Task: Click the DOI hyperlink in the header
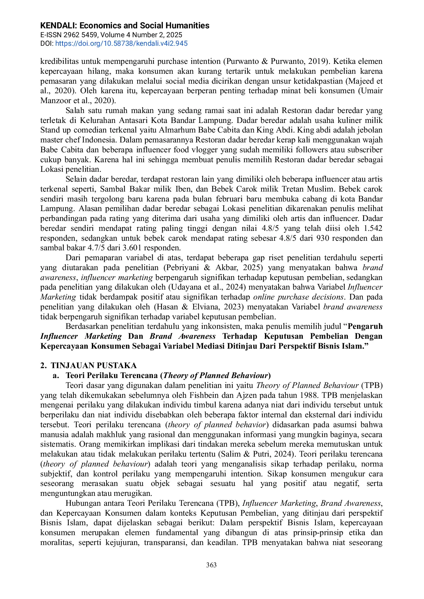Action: [x=121, y=43]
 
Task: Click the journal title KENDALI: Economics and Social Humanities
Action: [x=125, y=26]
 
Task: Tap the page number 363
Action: [x=212, y=565]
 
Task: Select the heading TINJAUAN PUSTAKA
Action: [x=94, y=365]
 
